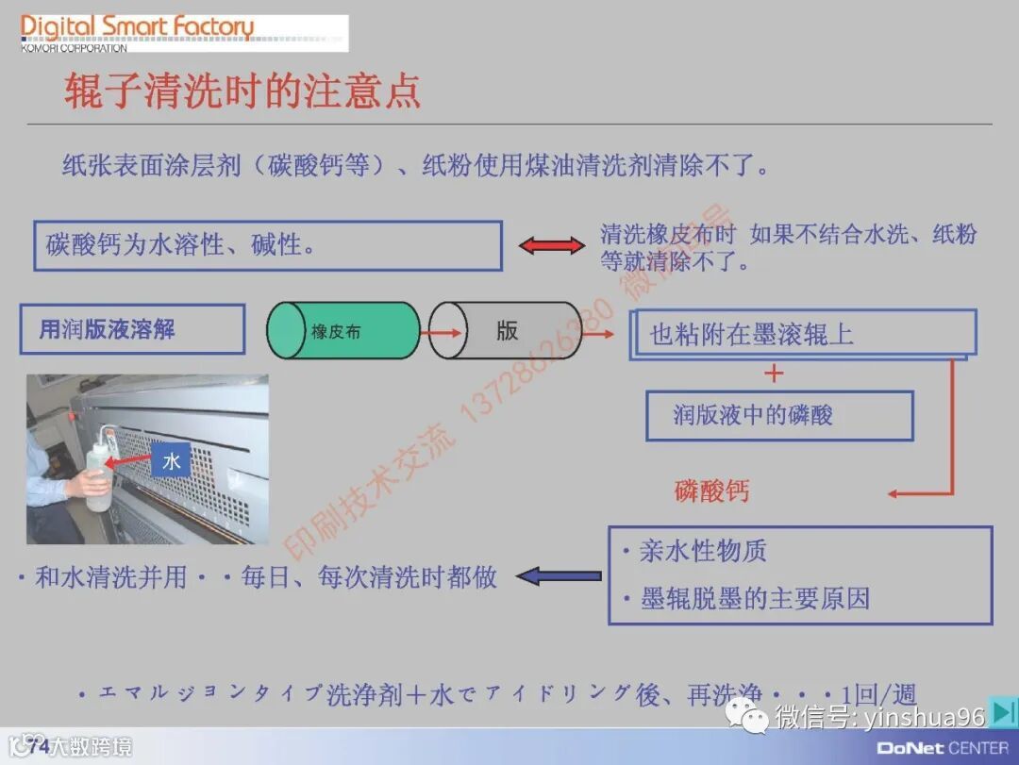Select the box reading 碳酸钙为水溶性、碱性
pos(268,245)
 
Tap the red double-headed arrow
pos(552,246)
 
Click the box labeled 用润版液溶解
pos(132,329)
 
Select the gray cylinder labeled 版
pos(506,331)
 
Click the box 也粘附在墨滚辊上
pos(802,333)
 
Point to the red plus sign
pos(775,374)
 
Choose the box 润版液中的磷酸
pos(779,416)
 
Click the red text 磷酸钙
pos(711,491)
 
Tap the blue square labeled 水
pos(172,461)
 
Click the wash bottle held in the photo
pos(98,472)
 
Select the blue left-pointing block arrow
pos(559,575)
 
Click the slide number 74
pos(39,747)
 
